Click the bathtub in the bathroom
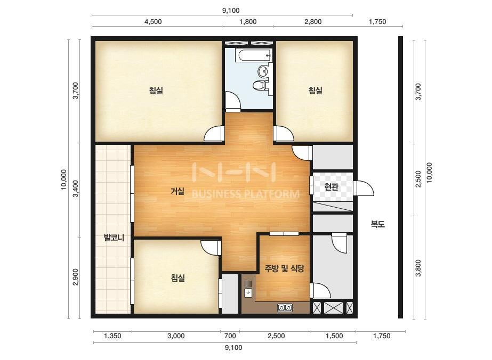(x=254, y=56)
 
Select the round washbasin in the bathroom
(x=263, y=71)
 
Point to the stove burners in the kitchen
(x=285, y=308)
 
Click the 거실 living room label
(x=178, y=191)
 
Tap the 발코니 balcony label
(x=114, y=238)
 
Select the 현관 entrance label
(x=331, y=187)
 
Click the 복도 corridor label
(x=377, y=224)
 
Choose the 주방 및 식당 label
(x=284, y=268)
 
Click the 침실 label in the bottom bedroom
(x=178, y=278)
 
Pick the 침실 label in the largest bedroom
(x=156, y=91)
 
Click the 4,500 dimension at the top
(x=153, y=22)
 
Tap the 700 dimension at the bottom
(x=230, y=336)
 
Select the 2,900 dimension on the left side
(x=75, y=277)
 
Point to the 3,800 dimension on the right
(x=418, y=268)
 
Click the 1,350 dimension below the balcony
(x=112, y=336)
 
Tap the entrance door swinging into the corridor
(x=364, y=189)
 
